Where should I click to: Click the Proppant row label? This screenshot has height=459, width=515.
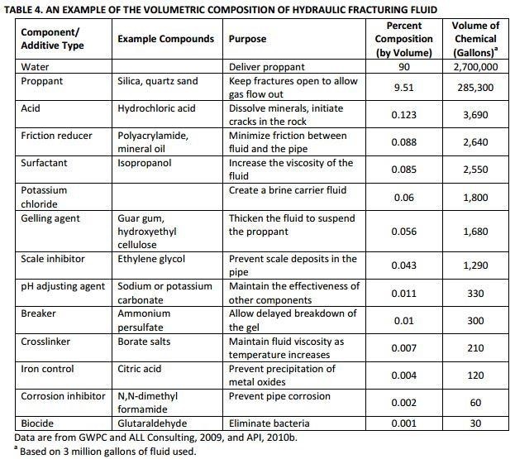(43, 82)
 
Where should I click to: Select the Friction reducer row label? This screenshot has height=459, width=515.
(55, 135)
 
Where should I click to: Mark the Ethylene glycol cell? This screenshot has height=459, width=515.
(151, 259)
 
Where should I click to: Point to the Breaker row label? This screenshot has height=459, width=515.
(39, 313)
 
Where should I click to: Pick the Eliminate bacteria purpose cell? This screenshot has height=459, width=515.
(268, 423)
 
